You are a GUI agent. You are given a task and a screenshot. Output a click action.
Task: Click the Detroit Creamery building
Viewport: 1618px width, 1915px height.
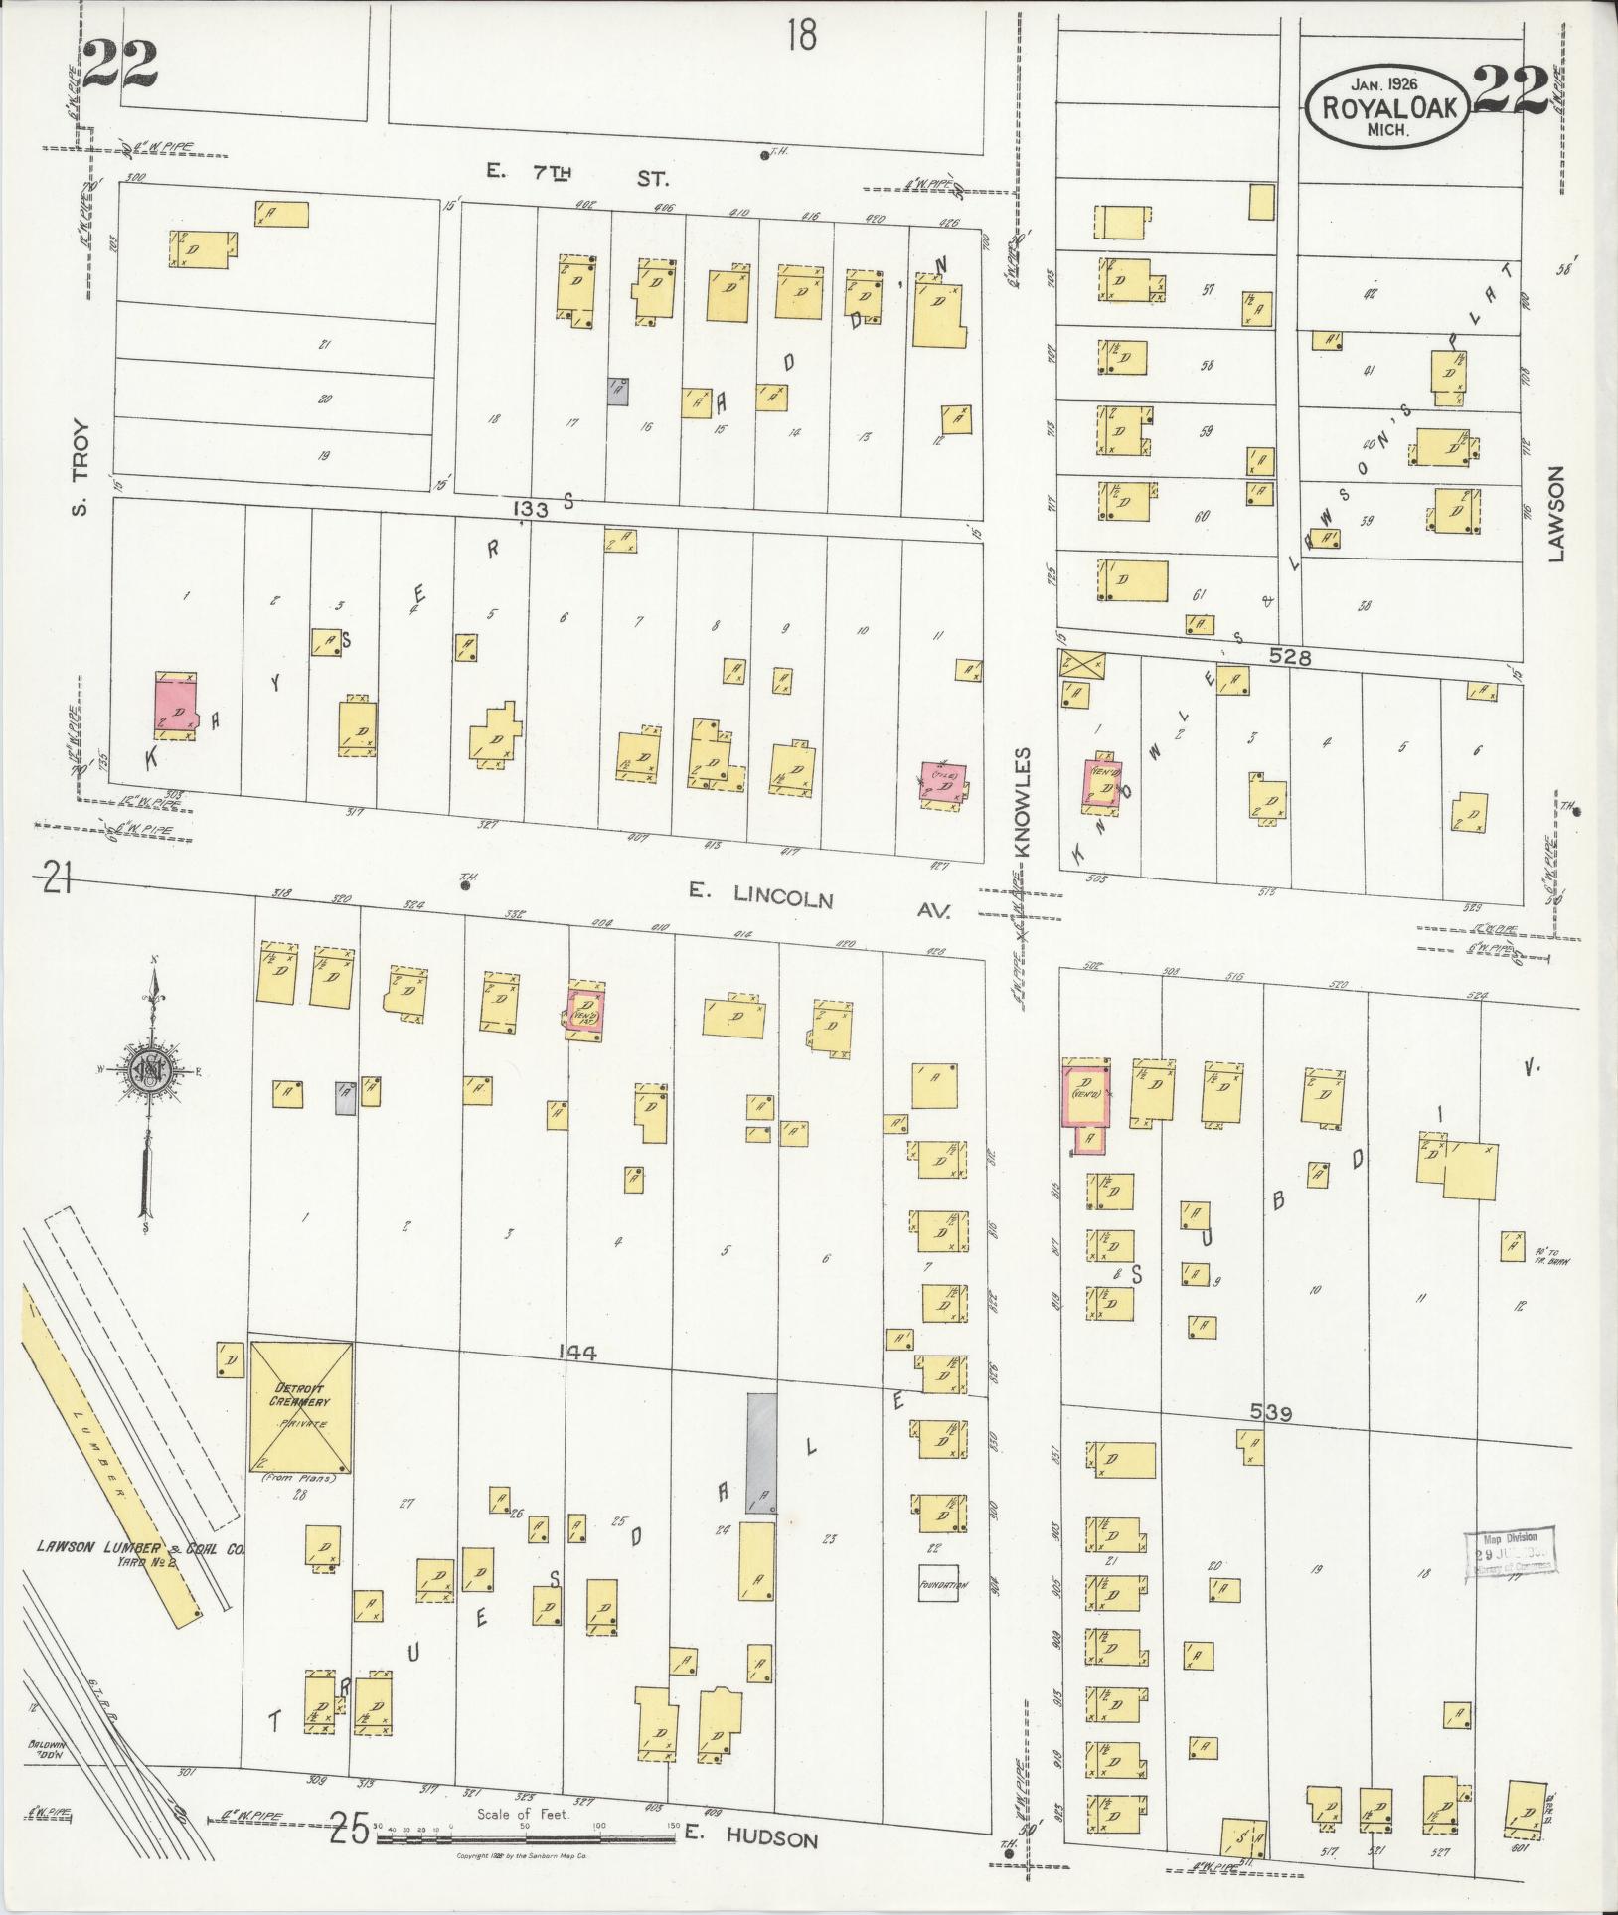pyautogui.click(x=300, y=1407)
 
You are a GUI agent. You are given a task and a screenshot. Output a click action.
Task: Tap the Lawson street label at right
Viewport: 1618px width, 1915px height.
pyautogui.click(x=1555, y=514)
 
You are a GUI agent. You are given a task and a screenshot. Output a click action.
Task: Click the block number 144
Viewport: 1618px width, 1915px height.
pyautogui.click(x=577, y=1352)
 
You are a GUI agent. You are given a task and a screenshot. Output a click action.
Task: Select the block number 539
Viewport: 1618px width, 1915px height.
pyautogui.click(x=1271, y=1413)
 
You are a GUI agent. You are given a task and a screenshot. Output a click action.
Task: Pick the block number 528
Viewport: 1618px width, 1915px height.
pyautogui.click(x=1290, y=657)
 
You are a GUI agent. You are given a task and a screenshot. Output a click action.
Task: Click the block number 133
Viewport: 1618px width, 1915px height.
pyautogui.click(x=532, y=510)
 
